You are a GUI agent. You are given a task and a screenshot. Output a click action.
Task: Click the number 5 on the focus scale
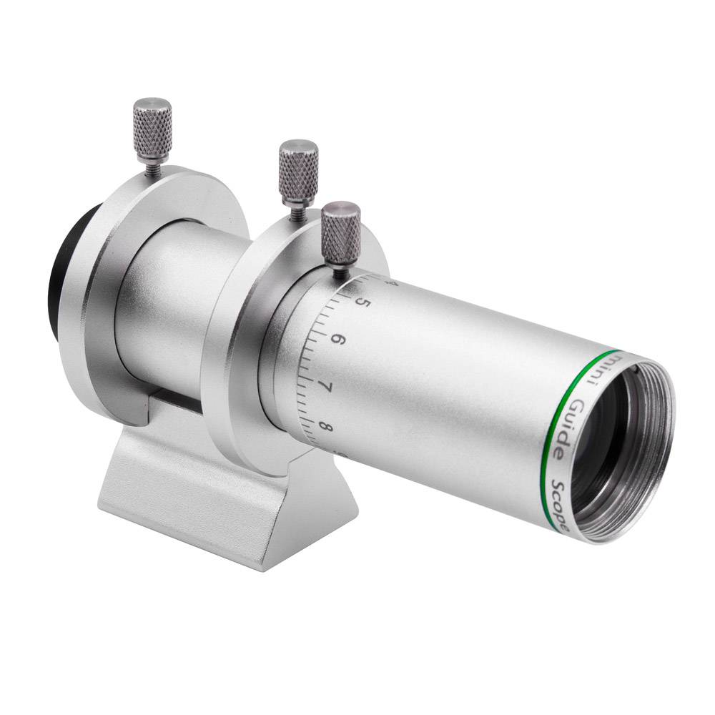(x=363, y=302)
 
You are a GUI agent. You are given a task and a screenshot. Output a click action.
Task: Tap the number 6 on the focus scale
(x=338, y=339)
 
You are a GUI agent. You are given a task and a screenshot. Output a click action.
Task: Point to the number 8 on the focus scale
(x=327, y=428)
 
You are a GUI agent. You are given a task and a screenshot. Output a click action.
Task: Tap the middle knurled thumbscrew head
(x=298, y=168)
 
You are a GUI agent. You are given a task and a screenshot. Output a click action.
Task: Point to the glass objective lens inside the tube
(x=601, y=443)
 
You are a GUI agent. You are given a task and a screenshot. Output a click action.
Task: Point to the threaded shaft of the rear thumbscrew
(x=152, y=167)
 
